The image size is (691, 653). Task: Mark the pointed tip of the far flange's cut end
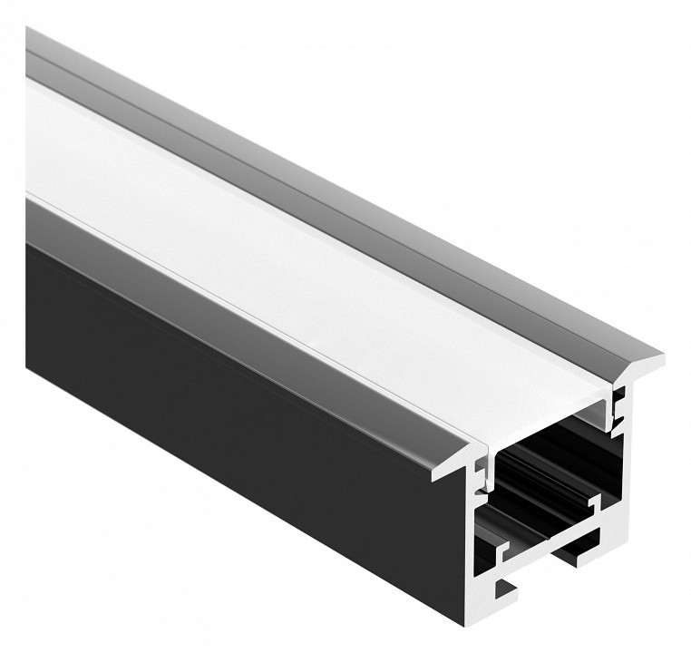point(658,358)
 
